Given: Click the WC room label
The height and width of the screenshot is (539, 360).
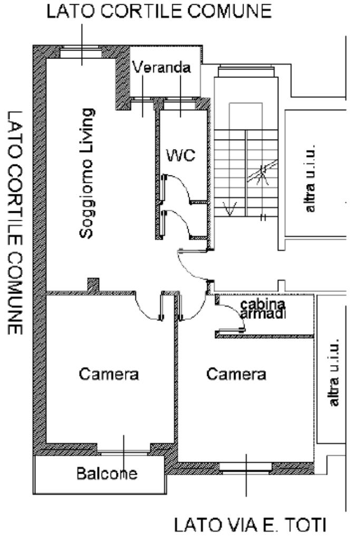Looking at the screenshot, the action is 181,155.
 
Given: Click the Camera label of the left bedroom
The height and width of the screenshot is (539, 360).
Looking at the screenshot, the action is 109,374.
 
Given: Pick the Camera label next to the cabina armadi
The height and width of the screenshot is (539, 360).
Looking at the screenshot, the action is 236,374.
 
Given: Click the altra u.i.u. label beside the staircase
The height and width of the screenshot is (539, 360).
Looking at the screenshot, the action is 311,177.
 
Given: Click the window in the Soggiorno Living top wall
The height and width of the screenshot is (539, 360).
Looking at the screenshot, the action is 82,51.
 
